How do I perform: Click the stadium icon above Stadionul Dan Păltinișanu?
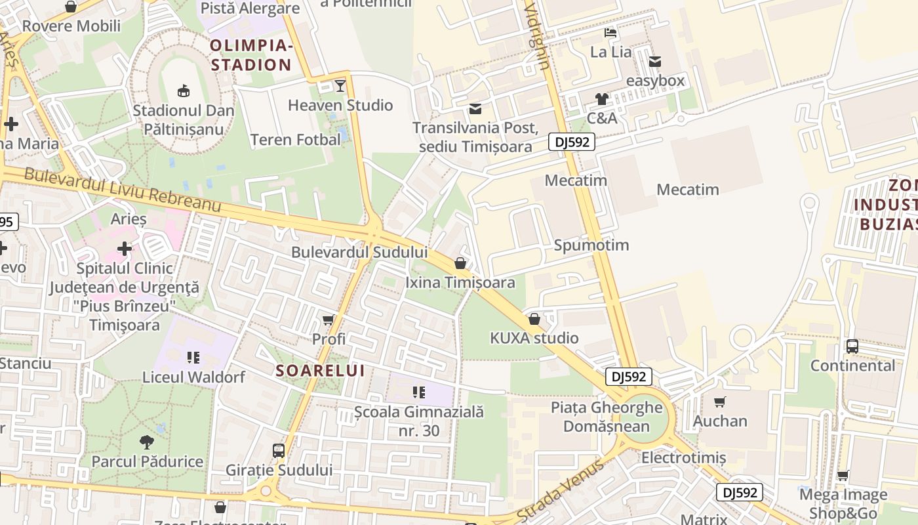pyautogui.click(x=183, y=91)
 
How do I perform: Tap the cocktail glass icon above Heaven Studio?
pyautogui.click(x=340, y=86)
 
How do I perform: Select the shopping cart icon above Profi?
pyautogui.click(x=329, y=320)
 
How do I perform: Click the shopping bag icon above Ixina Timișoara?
pyautogui.click(x=460, y=264)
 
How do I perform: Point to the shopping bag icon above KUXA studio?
pyautogui.click(x=534, y=320)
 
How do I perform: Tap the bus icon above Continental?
pyautogui.click(x=852, y=346)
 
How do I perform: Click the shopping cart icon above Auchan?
pyautogui.click(x=720, y=402)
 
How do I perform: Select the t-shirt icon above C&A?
pyautogui.click(x=602, y=99)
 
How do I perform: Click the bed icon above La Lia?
pyautogui.click(x=610, y=33)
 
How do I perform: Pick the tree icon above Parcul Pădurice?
pyautogui.click(x=147, y=442)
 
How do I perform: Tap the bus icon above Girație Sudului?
pyautogui.click(x=279, y=451)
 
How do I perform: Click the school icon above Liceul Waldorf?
pyautogui.click(x=193, y=358)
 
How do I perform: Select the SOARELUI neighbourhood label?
pyautogui.click(x=320, y=371)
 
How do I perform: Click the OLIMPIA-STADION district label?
pyautogui.click(x=250, y=55)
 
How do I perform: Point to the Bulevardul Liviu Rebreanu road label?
pyautogui.click(x=123, y=190)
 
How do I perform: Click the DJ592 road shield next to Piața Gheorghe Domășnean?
pyautogui.click(x=628, y=377)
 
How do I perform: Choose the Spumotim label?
pyautogui.click(x=591, y=245)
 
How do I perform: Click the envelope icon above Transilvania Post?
pyautogui.click(x=475, y=109)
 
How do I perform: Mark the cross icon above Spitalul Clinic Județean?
pyautogui.click(x=125, y=249)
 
